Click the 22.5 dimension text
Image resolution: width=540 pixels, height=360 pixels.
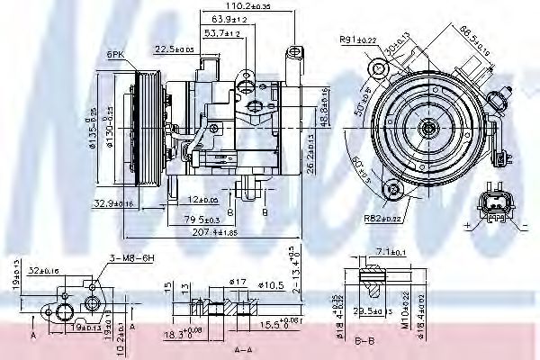174,49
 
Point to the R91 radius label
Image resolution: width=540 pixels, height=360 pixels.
357,40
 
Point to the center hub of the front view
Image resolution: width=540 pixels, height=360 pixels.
428,129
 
